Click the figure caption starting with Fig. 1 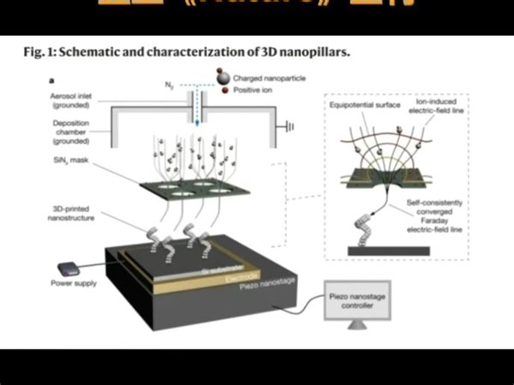(x=187, y=52)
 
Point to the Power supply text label (x=75, y=283)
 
